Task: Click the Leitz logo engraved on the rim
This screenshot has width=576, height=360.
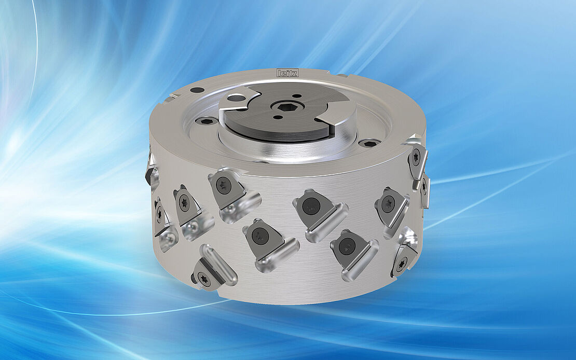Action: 288,73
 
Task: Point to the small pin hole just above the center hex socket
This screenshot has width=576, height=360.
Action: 294,95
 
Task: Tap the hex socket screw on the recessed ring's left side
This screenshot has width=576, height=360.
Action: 207,121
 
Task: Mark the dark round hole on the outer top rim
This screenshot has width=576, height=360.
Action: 197,90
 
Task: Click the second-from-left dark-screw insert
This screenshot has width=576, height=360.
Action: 262,236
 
